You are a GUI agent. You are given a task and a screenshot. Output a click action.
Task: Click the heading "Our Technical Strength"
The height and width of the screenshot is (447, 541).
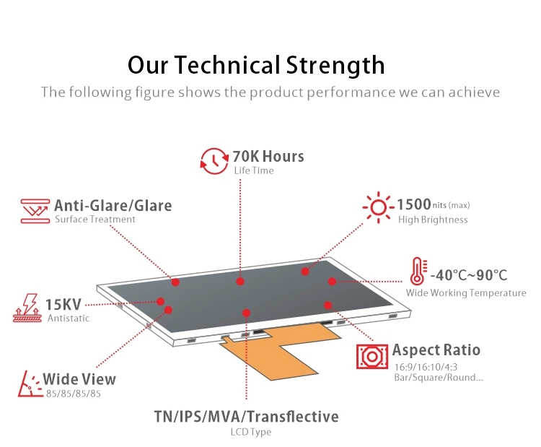(x=256, y=65)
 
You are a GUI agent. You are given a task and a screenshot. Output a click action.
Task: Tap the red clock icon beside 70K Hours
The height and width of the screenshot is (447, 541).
(x=214, y=160)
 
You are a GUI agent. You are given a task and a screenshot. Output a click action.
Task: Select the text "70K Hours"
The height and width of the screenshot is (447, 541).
(x=268, y=156)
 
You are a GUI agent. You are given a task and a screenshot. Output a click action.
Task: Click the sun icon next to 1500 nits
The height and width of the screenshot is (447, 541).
(x=378, y=207)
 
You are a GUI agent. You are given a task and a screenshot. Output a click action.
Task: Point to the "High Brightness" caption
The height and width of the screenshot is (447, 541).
(x=433, y=220)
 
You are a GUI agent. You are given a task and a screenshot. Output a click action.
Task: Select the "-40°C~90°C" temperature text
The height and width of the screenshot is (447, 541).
(x=469, y=275)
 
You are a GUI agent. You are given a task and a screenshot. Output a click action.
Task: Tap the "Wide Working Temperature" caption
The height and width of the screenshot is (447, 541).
(x=466, y=293)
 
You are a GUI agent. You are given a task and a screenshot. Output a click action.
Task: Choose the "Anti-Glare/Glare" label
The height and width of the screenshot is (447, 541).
(x=113, y=205)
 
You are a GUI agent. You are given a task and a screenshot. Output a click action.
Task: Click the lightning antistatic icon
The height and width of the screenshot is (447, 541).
(x=28, y=308)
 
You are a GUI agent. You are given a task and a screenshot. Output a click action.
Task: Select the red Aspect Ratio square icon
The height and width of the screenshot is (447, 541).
(x=372, y=357)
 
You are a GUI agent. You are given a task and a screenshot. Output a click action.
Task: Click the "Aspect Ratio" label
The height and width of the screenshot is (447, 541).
(x=436, y=350)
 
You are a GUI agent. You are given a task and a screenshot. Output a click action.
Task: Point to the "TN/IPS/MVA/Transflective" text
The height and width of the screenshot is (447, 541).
(x=246, y=417)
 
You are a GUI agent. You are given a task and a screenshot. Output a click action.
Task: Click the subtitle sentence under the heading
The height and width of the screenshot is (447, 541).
(x=270, y=92)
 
